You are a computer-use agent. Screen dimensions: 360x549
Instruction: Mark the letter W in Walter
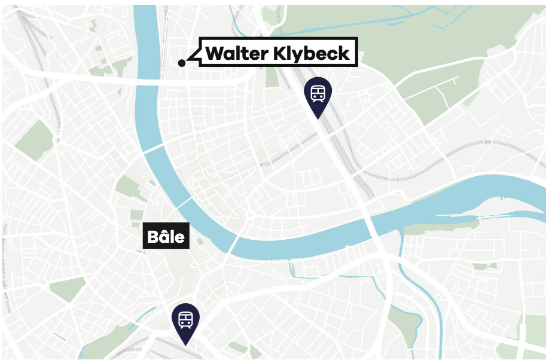[213, 53]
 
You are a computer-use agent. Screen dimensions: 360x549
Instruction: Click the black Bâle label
[167, 237]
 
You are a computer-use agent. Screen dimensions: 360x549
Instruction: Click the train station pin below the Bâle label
[185, 321]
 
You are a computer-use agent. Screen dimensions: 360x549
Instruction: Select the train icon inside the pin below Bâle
[185, 318]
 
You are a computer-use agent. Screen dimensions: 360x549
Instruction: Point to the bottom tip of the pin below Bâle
[185, 344]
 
